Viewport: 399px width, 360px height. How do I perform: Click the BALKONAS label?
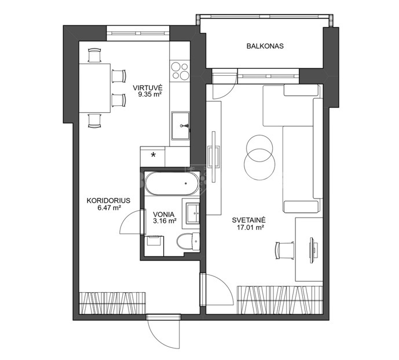[265, 46]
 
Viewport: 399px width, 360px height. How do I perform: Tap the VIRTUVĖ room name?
[148, 88]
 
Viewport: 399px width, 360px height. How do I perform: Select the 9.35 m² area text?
[150, 94]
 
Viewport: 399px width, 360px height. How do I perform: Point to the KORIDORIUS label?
[108, 201]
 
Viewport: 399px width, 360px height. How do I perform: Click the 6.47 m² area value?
[109, 208]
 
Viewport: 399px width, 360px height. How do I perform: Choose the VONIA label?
[164, 214]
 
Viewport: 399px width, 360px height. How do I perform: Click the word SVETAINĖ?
[248, 220]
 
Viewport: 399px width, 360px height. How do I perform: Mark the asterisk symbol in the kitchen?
[153, 155]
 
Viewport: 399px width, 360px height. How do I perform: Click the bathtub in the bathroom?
[172, 183]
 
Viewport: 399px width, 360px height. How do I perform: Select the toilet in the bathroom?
[188, 241]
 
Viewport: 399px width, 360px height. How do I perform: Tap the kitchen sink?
[181, 126]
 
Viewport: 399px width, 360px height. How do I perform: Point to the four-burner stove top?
[180, 71]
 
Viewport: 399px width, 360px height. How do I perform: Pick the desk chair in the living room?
[285, 251]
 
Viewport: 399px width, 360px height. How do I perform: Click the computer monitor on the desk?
[312, 251]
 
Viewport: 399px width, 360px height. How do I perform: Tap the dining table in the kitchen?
[94, 88]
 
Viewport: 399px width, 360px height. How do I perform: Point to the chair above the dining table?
[94, 55]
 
